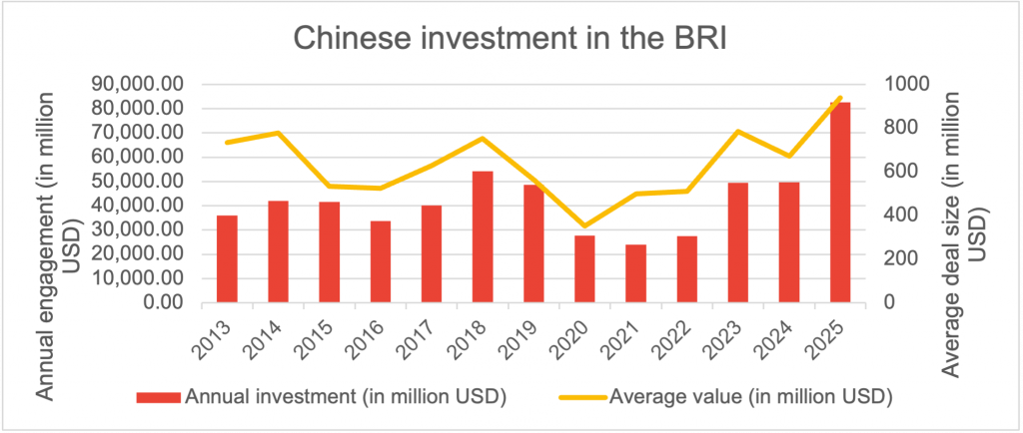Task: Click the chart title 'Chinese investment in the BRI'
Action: pyautogui.click(x=511, y=39)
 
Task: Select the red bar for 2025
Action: pyautogui.click(x=840, y=201)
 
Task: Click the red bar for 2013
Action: pyautogui.click(x=227, y=258)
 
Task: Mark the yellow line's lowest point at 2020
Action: pyautogui.click(x=584, y=226)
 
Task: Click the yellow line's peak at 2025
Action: pyautogui.click(x=840, y=98)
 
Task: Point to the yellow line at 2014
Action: pyautogui.click(x=278, y=133)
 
